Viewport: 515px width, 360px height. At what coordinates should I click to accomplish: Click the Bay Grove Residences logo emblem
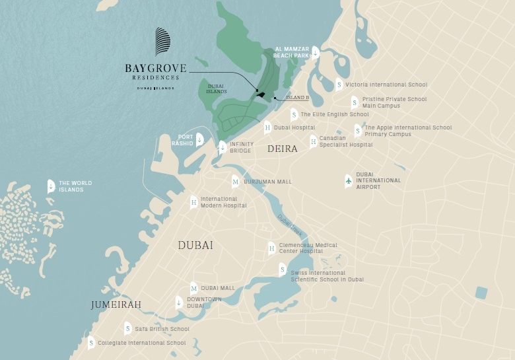162,42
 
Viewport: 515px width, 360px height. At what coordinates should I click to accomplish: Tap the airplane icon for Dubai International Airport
349,181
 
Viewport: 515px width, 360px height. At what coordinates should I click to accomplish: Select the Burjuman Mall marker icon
235,182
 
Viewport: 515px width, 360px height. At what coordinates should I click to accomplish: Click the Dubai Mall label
218,288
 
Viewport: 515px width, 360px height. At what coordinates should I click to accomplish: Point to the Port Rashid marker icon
199,139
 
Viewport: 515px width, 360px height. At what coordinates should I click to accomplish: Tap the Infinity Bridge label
241,147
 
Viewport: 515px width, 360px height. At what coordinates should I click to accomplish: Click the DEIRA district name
283,149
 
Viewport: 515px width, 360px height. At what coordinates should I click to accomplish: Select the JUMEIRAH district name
116,305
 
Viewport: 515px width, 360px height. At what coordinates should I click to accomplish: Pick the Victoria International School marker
339,85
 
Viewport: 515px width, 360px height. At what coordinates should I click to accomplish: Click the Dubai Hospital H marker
267,127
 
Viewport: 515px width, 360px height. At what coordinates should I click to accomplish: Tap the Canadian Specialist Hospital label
346,141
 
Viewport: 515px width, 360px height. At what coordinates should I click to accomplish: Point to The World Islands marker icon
51,186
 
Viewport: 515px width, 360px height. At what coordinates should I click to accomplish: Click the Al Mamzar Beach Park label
291,52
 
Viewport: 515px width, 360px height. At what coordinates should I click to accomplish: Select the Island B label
297,98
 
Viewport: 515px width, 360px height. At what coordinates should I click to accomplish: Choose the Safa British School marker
127,328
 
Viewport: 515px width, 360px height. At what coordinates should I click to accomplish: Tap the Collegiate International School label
141,343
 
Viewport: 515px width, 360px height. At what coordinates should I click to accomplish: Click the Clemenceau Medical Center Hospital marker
271,248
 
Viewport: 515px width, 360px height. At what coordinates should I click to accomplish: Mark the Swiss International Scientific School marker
282,270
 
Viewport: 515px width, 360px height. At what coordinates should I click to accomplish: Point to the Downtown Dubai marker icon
178,303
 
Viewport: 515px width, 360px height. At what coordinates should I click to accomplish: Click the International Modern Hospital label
223,202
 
